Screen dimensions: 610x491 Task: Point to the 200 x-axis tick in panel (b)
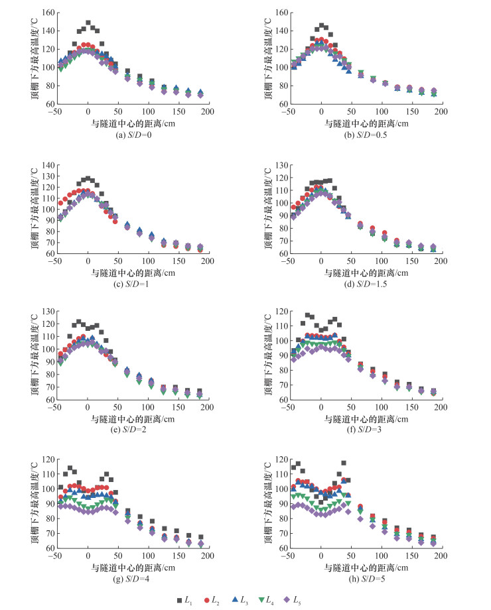(x=441, y=111)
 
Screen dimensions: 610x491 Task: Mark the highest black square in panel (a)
(x=88, y=23)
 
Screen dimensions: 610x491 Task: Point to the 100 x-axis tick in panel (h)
(x=381, y=558)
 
